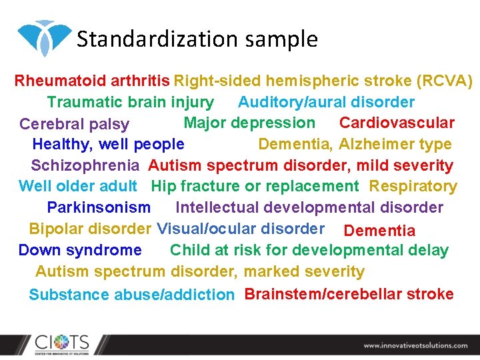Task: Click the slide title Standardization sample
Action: [197, 39]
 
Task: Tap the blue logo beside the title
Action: [44, 37]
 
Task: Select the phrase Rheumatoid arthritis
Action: [92, 81]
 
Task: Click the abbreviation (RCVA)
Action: [444, 81]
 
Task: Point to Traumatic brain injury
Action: [130, 102]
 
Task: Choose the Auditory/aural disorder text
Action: [326, 102]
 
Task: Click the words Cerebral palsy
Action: [74, 124]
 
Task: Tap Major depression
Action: [249, 123]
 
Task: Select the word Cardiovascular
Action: [397, 123]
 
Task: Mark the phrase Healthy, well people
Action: [108, 144]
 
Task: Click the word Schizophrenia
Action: [85, 165]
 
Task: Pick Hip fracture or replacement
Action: [255, 186]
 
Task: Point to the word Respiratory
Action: [413, 186]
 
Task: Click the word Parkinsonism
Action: [99, 207]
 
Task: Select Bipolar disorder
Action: [90, 229]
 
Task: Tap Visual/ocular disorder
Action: [241, 229]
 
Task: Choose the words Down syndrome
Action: [80, 250]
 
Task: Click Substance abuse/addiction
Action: [131, 295]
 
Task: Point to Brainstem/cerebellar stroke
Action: [349, 294]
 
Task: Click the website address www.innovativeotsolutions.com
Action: [415, 345]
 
